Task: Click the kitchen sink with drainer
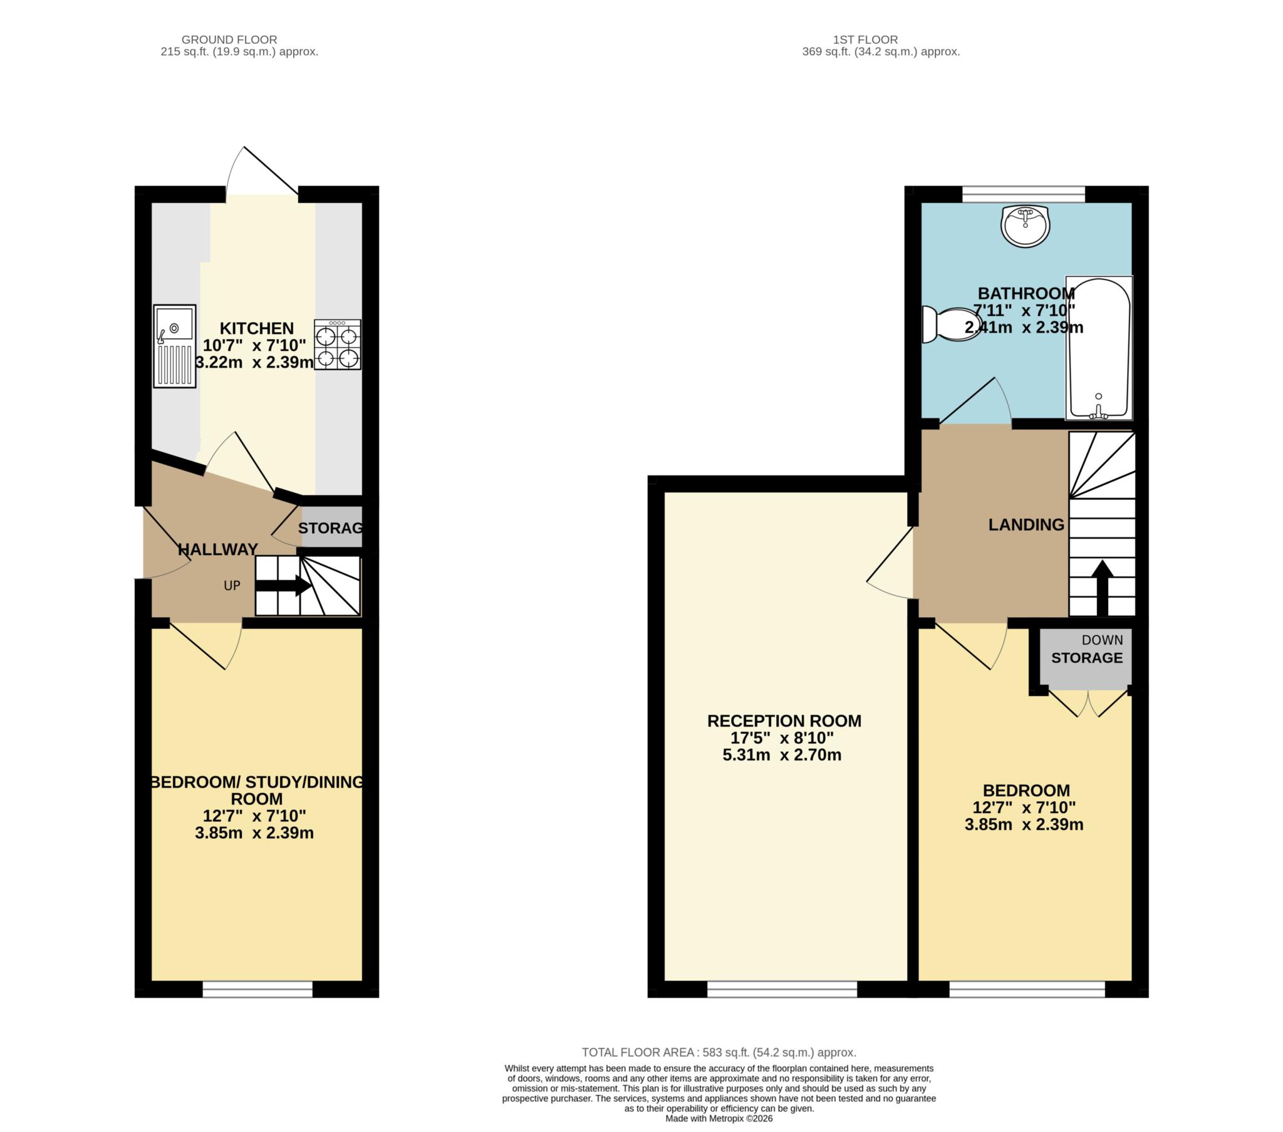[x=175, y=346]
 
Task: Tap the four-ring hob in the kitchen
[x=338, y=345]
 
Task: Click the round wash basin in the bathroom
[x=1025, y=226]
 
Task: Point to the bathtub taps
[x=1098, y=412]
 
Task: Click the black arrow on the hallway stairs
[x=284, y=586]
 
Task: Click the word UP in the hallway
[x=232, y=586]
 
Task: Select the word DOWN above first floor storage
[x=1102, y=640]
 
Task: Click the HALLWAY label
[x=218, y=550]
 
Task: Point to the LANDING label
[x=1026, y=525]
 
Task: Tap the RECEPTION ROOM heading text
[x=784, y=721]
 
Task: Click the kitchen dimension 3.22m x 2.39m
[x=254, y=362]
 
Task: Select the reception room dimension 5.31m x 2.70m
[x=781, y=756]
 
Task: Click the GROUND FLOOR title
[x=229, y=39]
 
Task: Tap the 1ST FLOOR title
[x=865, y=39]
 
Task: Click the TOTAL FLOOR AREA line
[x=719, y=1052]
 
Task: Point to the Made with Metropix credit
[x=719, y=1118]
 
